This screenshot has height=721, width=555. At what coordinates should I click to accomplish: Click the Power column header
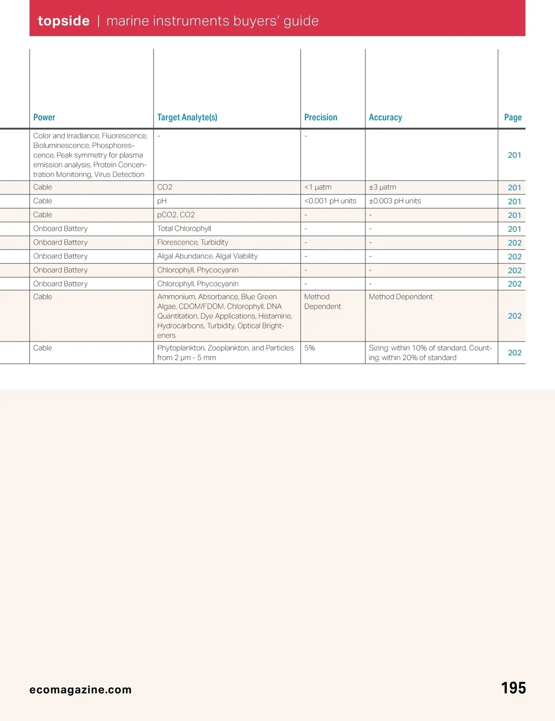[44, 118]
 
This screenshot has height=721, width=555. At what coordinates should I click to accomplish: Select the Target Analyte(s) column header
[187, 118]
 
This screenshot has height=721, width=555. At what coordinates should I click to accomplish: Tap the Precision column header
[321, 118]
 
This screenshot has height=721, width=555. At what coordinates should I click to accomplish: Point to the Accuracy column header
[385, 118]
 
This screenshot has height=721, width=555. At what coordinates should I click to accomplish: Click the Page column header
[512, 118]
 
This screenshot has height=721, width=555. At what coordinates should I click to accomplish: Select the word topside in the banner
[63, 21]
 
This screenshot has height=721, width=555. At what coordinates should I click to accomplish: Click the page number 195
[513, 688]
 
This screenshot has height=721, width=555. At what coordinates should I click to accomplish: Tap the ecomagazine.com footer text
[80, 690]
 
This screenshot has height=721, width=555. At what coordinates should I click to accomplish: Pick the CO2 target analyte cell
[165, 187]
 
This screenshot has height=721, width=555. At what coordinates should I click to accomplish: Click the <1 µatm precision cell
[318, 187]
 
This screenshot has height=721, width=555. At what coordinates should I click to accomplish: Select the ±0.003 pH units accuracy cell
[395, 201]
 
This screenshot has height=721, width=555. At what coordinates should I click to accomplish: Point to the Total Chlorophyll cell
[184, 229]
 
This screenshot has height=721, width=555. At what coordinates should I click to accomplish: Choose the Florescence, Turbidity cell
[192, 242]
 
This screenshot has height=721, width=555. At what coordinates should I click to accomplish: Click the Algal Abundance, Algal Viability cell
[207, 256]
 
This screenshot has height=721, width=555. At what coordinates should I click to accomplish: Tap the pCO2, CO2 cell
[176, 215]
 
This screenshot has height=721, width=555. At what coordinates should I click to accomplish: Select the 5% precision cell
[309, 348]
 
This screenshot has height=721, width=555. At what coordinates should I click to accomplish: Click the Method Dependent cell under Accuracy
[401, 297]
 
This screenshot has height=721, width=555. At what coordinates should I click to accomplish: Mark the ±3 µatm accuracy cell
[382, 187]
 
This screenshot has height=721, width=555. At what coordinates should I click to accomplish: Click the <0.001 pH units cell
[330, 201]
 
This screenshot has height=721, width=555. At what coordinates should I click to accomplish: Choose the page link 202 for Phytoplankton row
[514, 353]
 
